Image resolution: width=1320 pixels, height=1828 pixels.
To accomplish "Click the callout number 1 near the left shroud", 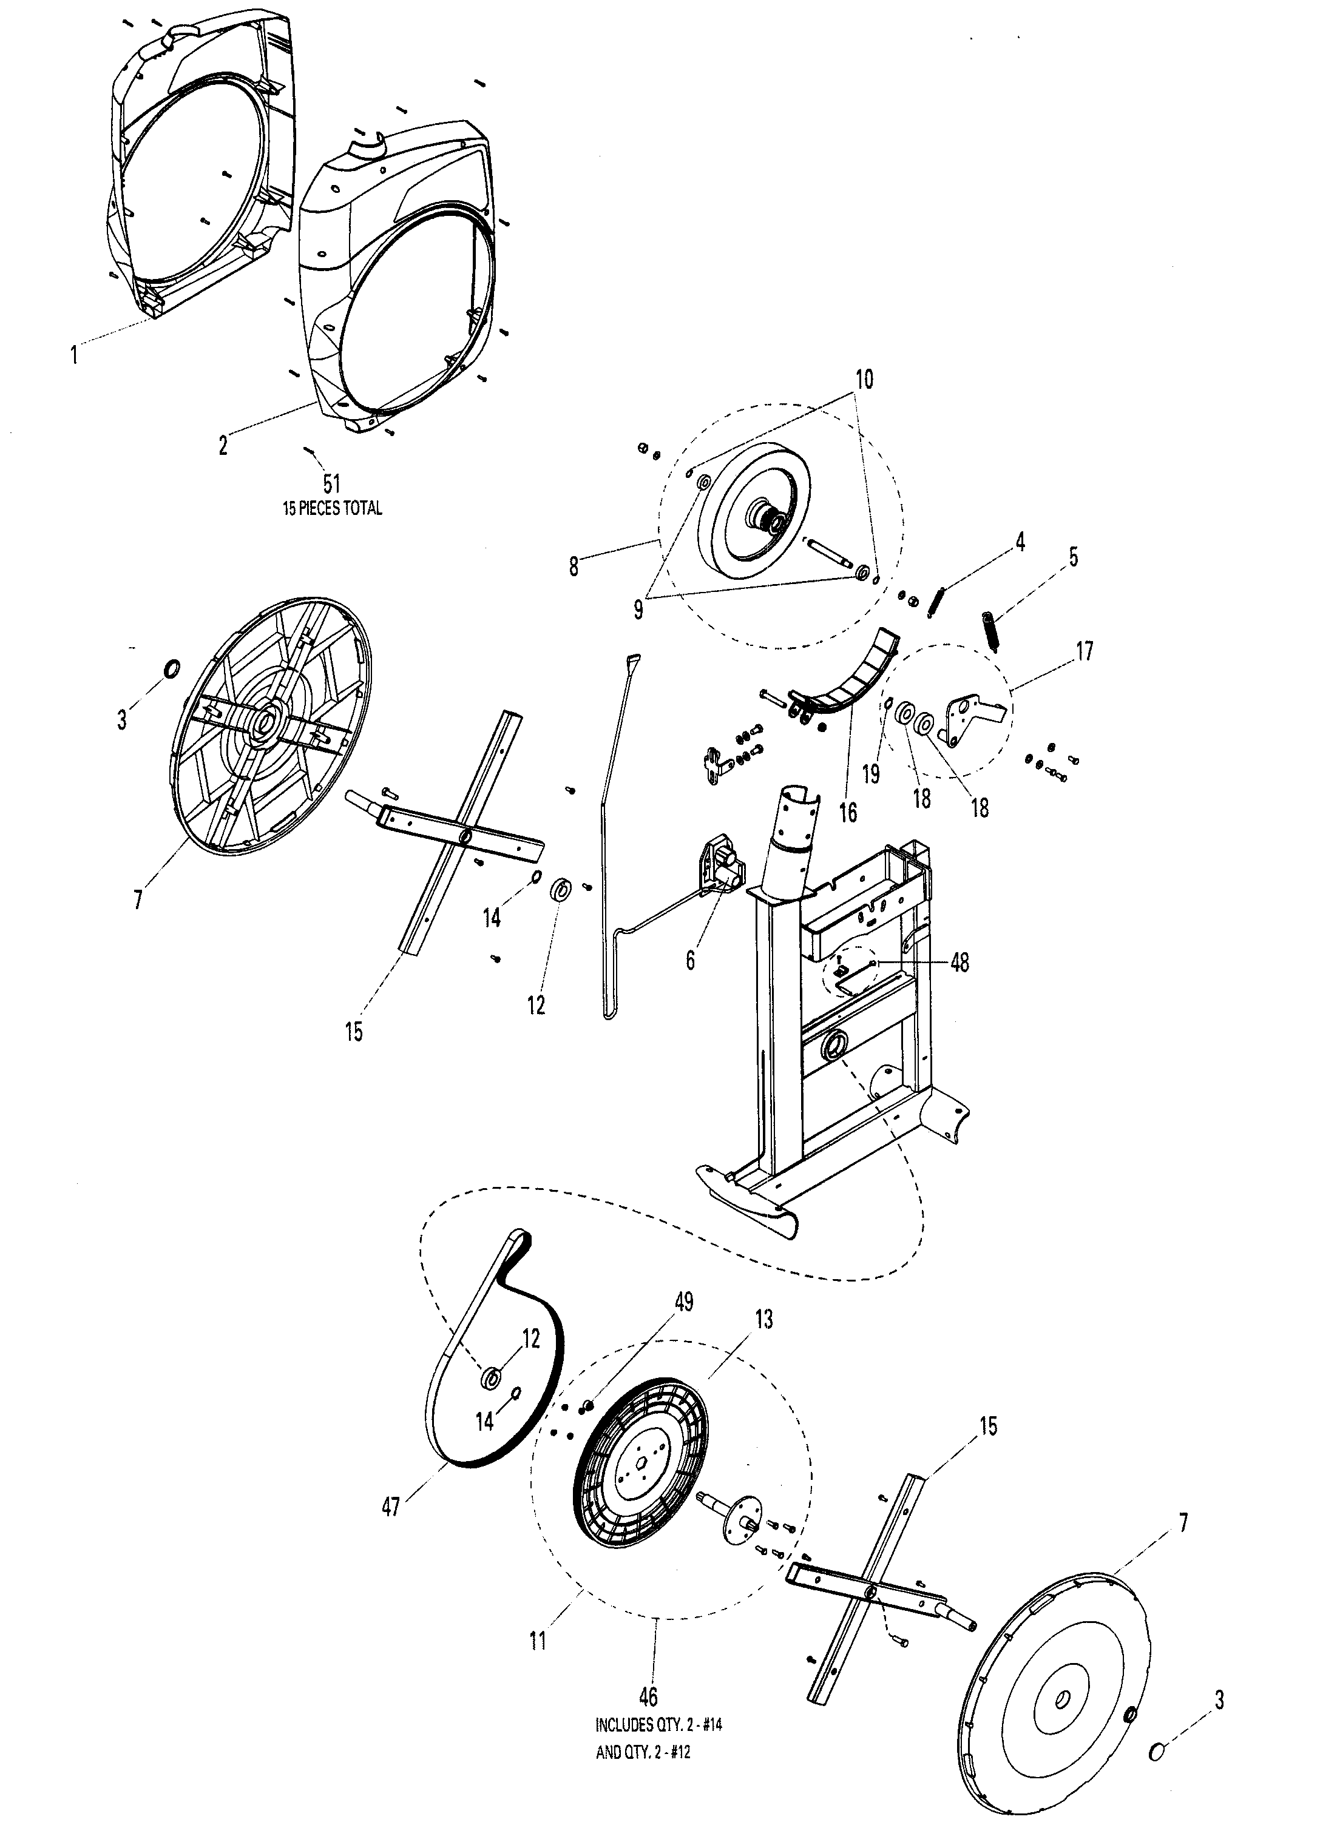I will pos(74,354).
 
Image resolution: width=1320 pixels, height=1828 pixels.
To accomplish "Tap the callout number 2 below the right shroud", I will pos(223,444).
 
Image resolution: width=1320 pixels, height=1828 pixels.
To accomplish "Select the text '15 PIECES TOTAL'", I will pos(332,509).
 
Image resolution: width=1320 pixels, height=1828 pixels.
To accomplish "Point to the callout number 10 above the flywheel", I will pos(864,379).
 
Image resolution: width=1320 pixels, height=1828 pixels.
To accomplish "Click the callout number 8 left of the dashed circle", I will pos(574,566).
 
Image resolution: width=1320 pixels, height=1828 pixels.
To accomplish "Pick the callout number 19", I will pos(870,774).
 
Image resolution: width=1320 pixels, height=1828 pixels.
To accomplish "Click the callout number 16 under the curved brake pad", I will pos(848,812).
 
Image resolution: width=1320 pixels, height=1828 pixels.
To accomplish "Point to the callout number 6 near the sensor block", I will pos(690,960).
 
